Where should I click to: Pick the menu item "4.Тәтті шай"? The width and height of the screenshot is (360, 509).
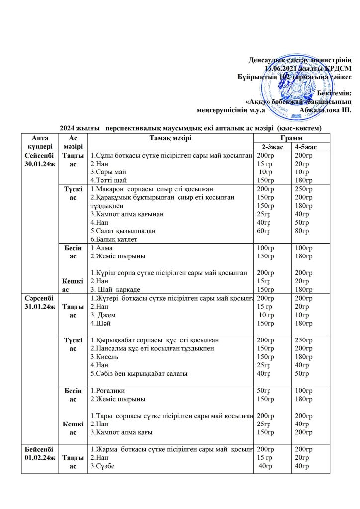pyautogui.click(x=108, y=180)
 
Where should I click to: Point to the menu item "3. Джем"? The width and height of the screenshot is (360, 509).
pyautogui.click(x=104, y=315)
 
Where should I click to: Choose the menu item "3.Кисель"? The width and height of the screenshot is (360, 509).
pyautogui.click(x=105, y=357)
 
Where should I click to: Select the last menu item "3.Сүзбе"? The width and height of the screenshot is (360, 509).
pyautogui.click(x=104, y=466)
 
